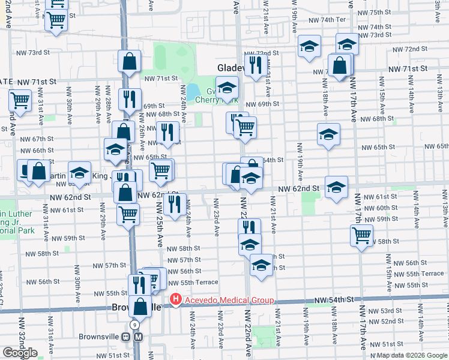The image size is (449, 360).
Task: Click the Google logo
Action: coord(20,353)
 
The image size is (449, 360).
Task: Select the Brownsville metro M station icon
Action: coord(139,337)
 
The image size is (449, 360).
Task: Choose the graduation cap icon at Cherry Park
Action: coord(228,88)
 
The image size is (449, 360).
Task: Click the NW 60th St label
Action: coord(385,208)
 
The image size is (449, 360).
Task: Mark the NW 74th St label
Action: coord(385,27)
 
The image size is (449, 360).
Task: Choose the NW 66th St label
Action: coord(40,150)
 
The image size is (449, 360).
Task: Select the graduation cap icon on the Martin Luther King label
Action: coord(79,173)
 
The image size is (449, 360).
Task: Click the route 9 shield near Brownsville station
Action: coord(135,325)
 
